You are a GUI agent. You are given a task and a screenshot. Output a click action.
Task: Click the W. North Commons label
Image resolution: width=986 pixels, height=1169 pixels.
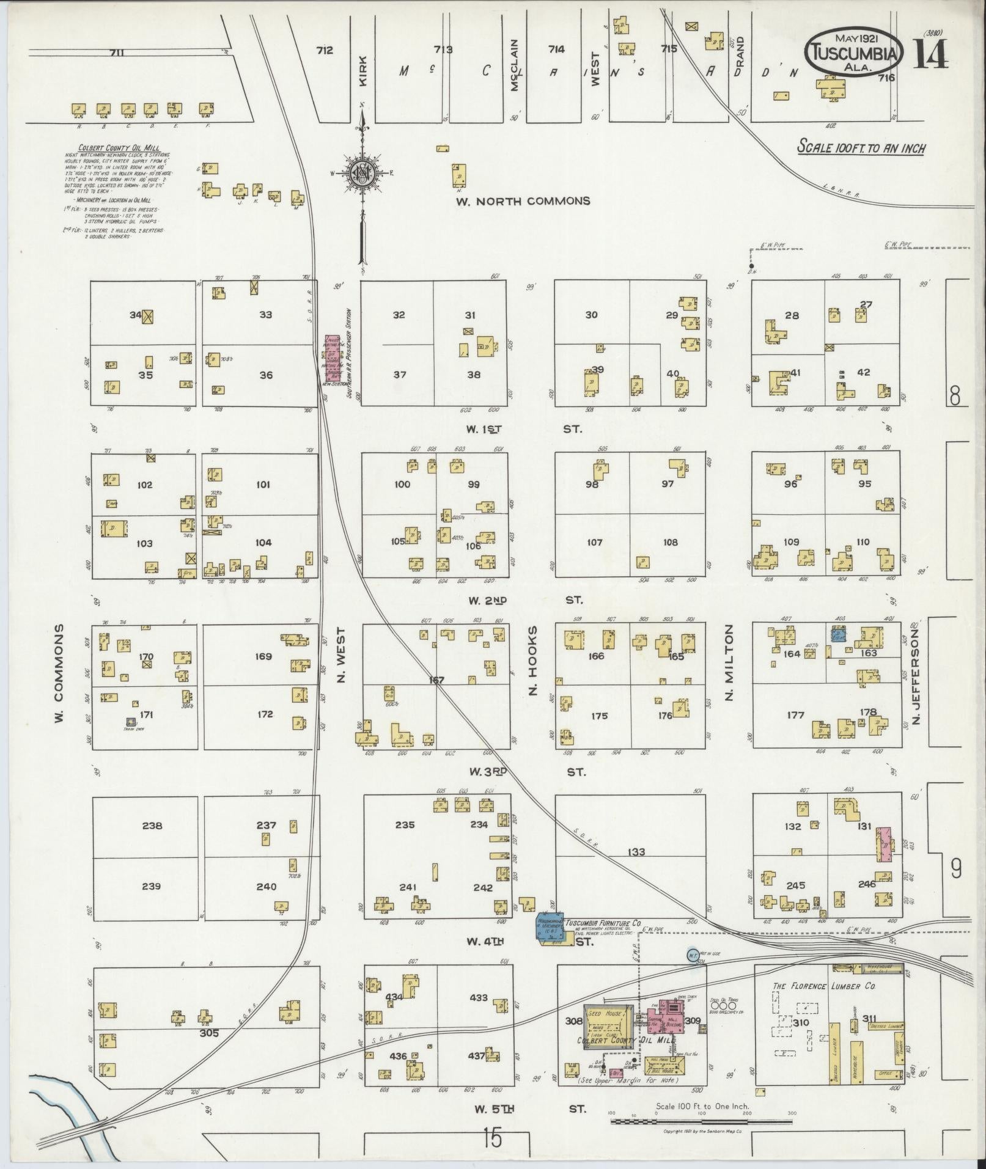tap(523, 201)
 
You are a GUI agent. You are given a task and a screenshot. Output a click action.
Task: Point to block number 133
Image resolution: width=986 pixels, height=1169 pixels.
tap(635, 852)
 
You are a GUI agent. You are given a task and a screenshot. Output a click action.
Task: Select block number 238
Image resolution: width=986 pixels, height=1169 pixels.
tap(152, 826)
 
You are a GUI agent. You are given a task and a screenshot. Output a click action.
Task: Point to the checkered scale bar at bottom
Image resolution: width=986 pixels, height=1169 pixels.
tap(702, 1121)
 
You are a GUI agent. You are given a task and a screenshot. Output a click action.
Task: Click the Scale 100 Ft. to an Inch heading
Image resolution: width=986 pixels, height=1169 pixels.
tap(861, 147)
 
